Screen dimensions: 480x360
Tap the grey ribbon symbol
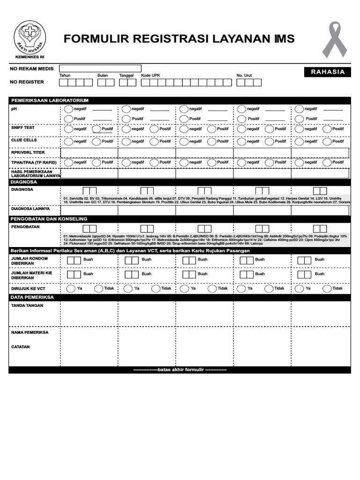point(334,39)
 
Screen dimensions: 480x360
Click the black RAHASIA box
point(328,72)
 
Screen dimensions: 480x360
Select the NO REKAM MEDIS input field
point(100,68)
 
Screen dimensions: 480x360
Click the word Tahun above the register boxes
point(65,75)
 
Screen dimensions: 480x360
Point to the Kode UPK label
point(150,75)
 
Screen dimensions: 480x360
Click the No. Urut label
point(244,75)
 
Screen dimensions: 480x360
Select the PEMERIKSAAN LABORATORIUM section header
point(50,100)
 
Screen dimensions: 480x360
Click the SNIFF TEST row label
point(23,127)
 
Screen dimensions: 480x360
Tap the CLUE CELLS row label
point(24,140)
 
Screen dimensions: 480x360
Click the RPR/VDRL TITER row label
point(28,152)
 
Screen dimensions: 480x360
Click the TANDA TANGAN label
point(27,306)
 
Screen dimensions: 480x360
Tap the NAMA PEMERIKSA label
point(29,332)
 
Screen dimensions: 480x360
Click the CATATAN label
point(21,347)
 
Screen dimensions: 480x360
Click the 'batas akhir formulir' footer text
point(180,370)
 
